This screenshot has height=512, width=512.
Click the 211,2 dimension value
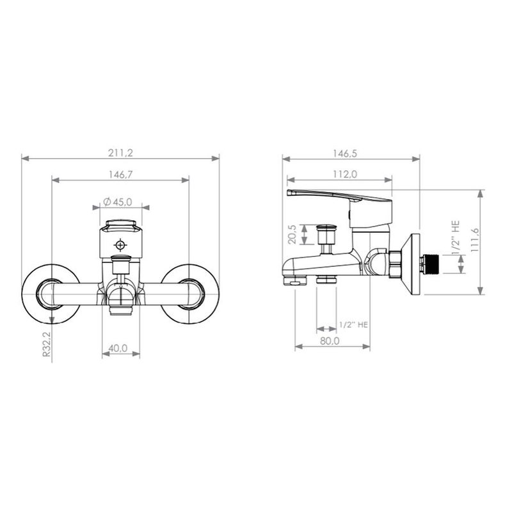[x=120, y=153]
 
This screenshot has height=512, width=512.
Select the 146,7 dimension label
[x=120, y=175]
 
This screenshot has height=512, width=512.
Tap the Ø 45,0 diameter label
[x=118, y=202]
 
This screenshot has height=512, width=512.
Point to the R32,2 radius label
[x=47, y=344]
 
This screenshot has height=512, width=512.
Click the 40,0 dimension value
[x=118, y=348]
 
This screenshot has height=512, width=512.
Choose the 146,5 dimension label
[x=345, y=153]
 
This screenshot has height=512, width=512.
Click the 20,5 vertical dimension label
[x=292, y=234]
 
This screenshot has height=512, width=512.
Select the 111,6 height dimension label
[x=474, y=240]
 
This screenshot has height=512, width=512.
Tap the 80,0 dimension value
[x=330, y=341]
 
